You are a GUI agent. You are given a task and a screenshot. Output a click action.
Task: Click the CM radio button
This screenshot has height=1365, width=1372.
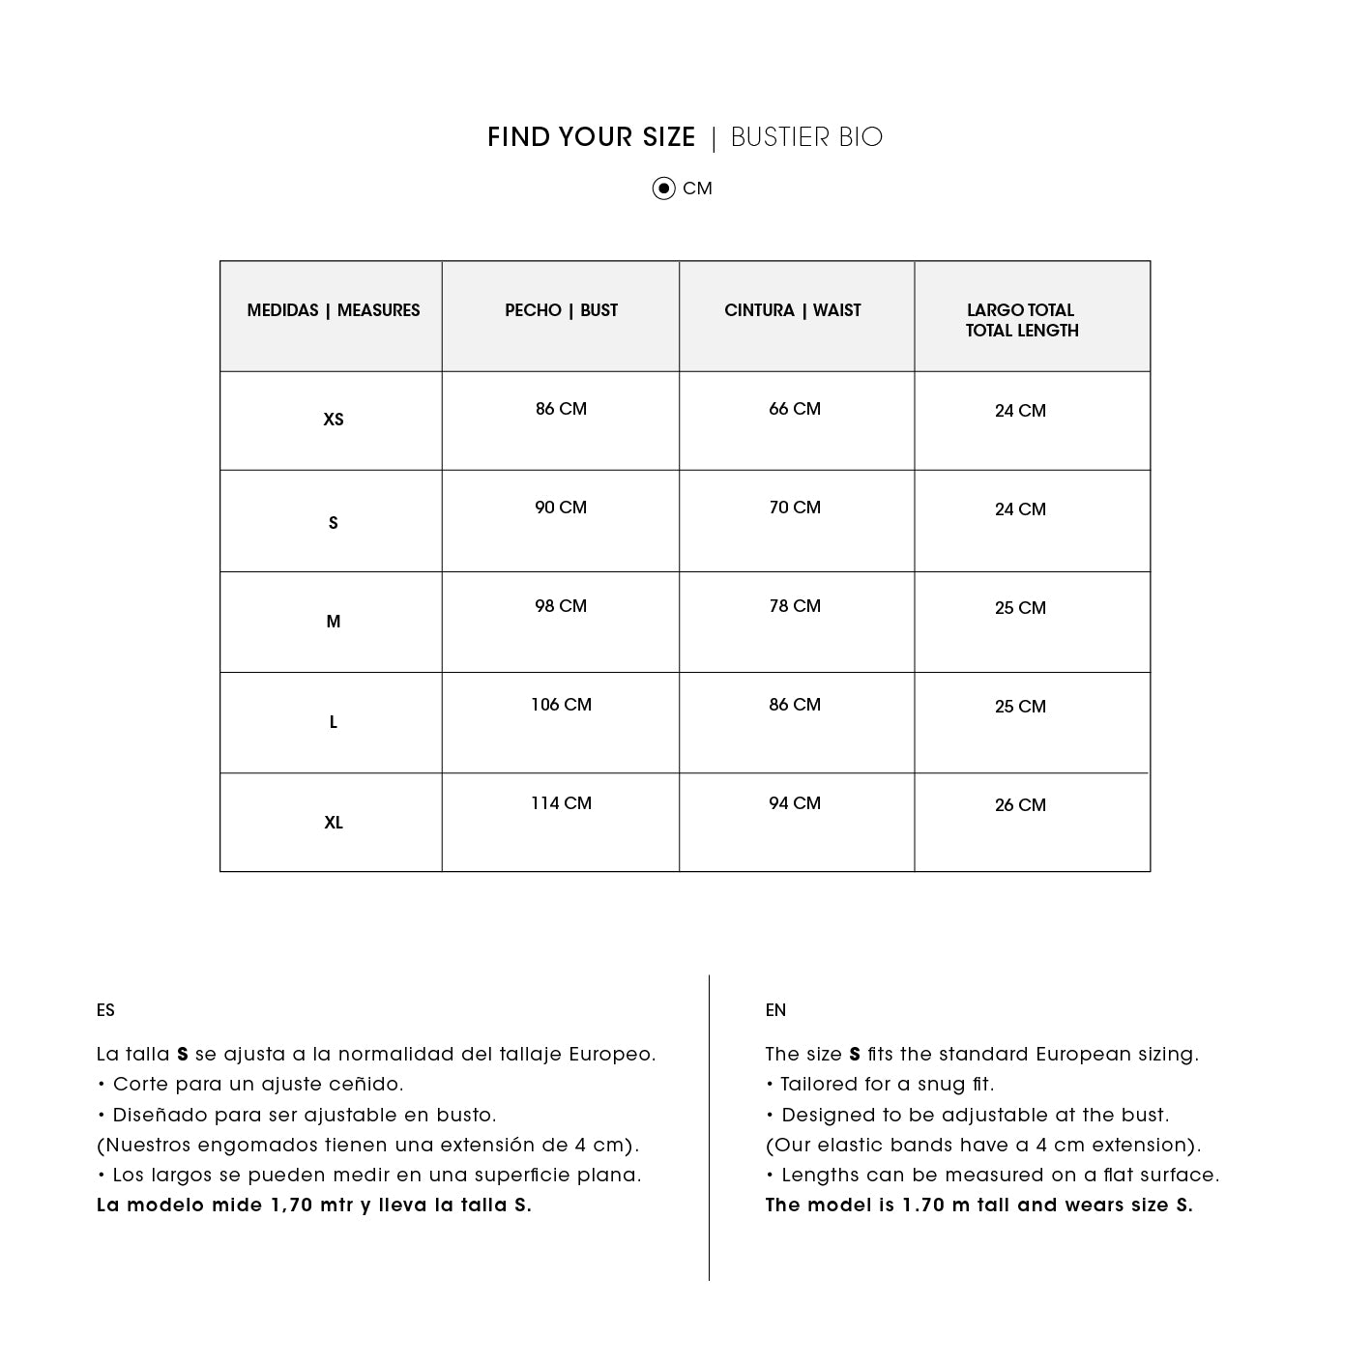(x=663, y=189)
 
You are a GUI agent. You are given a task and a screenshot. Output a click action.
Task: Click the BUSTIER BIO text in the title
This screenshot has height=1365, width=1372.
(x=806, y=137)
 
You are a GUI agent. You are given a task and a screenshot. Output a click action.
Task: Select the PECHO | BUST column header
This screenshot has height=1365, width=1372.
(x=561, y=310)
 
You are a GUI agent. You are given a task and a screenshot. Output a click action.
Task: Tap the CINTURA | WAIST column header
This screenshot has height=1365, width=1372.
(x=793, y=310)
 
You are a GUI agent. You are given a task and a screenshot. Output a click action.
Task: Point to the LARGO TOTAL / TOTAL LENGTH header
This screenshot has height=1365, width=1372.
(x=1022, y=320)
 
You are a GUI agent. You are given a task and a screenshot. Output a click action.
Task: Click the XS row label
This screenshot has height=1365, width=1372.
(x=334, y=420)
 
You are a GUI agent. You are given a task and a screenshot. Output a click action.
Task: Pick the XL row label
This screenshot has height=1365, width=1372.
(x=334, y=823)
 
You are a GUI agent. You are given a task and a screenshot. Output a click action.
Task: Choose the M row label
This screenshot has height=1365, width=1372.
(x=334, y=622)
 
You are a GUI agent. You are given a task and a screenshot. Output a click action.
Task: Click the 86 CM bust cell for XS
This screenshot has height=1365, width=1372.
(x=561, y=409)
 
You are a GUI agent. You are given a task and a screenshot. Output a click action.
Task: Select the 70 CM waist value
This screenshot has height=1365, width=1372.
(x=795, y=508)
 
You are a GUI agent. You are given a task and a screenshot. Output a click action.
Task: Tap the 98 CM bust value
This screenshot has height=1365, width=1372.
(x=561, y=606)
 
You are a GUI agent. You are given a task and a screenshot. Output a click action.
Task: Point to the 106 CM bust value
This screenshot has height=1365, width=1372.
(x=561, y=705)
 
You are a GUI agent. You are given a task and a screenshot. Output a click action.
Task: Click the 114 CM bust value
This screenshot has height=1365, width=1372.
(x=561, y=803)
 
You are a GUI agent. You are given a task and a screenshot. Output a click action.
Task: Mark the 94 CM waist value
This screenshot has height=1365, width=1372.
(x=795, y=803)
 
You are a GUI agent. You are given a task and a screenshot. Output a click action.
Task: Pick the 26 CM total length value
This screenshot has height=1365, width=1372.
(x=1020, y=805)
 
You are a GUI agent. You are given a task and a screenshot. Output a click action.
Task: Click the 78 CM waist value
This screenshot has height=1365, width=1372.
(x=795, y=606)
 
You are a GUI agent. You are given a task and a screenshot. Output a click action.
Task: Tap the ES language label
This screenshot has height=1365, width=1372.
(x=105, y=1010)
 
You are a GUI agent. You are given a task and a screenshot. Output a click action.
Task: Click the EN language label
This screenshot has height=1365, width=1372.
(x=775, y=1010)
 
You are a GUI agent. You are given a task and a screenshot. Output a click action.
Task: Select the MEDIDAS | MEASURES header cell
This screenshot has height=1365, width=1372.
(x=334, y=310)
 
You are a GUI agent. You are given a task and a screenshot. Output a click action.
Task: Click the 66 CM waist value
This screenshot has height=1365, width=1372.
(x=795, y=409)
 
